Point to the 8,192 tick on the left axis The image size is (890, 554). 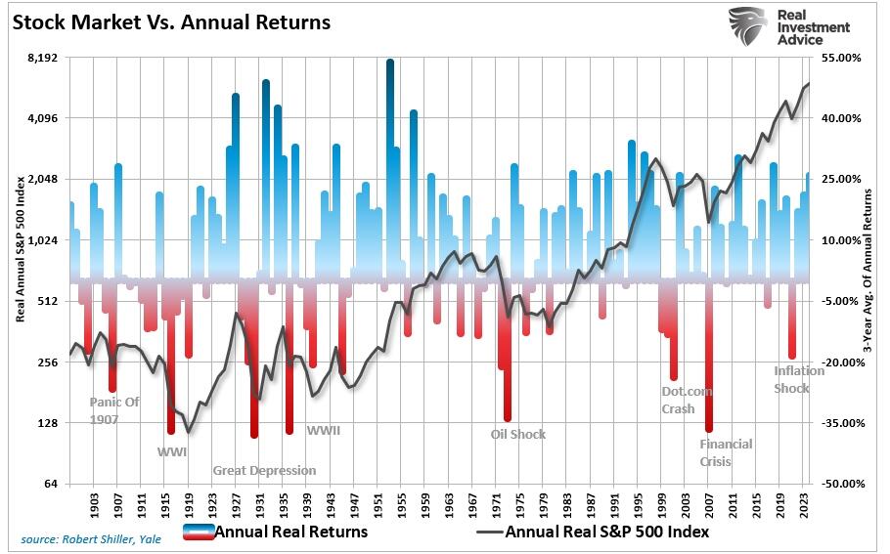(x=44, y=58)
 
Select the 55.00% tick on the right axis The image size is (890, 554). (x=841, y=58)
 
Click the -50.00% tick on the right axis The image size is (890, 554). (x=840, y=484)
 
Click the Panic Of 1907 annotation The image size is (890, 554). (x=114, y=410)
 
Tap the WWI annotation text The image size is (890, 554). (x=172, y=452)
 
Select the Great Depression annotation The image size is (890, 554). (x=264, y=470)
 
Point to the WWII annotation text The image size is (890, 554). (x=324, y=430)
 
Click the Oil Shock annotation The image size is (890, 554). (x=518, y=434)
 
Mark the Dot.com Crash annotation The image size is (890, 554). (x=687, y=401)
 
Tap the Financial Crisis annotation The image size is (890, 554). (x=726, y=452)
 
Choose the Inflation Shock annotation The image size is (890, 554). (x=798, y=379)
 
